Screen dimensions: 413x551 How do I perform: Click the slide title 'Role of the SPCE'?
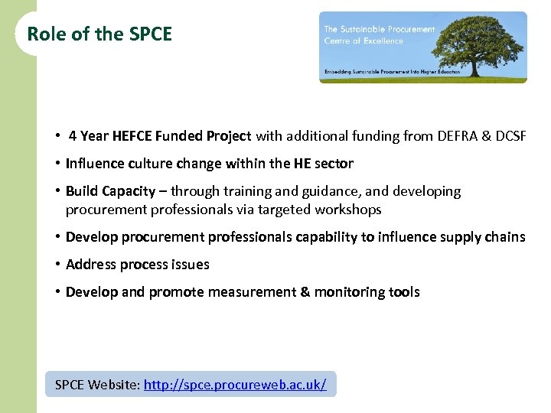99,34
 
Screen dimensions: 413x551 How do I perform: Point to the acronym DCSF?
511,137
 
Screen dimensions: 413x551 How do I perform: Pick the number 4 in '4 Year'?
72,137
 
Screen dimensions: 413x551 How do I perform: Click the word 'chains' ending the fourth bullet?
505,237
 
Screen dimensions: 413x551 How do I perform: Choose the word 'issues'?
189,265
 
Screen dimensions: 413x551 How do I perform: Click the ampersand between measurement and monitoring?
303,292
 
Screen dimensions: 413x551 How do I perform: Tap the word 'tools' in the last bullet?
403,292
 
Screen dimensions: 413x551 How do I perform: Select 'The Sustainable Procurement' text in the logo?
380,30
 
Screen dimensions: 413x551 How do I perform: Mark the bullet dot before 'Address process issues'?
58,265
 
